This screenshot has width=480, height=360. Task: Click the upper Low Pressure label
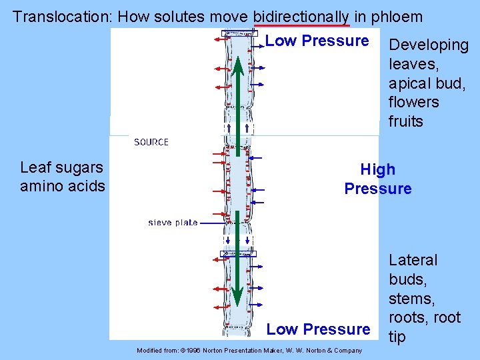317,41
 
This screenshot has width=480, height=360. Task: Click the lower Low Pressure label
318,329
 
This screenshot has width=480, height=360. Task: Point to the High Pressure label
377,179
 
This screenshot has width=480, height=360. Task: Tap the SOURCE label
151,142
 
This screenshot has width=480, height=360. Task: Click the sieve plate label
173,223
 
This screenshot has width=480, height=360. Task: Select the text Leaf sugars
61,167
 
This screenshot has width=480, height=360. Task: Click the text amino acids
63,186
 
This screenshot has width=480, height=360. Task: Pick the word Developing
429,45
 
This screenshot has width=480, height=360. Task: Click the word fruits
406,121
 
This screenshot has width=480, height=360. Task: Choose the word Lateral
413,260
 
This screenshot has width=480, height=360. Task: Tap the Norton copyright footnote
249,351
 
